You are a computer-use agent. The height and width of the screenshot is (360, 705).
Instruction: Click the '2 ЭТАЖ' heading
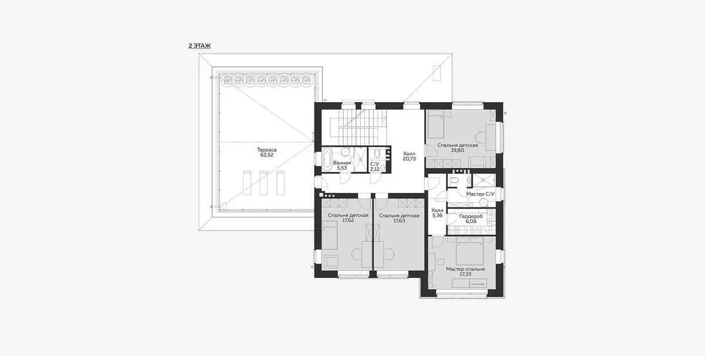[200, 46]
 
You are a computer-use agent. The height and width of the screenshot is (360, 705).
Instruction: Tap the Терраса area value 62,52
[267, 155]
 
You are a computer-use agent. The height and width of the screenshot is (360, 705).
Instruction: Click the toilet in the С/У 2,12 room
[377, 153]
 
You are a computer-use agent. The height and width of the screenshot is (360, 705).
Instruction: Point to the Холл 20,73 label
[409, 156]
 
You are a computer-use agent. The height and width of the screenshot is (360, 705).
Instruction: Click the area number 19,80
[458, 150]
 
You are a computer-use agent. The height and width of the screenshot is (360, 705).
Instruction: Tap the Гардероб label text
[471, 217]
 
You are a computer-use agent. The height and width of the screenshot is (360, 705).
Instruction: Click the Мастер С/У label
[481, 194]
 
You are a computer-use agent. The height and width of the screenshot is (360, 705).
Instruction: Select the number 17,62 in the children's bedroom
[348, 221]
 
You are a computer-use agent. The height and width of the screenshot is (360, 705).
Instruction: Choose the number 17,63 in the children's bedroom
[399, 221]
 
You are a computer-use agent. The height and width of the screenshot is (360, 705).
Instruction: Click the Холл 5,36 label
[438, 213]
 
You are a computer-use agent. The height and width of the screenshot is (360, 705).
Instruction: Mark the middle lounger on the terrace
[263, 183]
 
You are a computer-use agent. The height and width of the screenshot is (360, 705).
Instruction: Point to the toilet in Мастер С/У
[455, 181]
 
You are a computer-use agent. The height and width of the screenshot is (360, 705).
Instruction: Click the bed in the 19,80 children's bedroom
[435, 126]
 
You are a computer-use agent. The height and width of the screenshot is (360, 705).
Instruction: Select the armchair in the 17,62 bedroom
[331, 262]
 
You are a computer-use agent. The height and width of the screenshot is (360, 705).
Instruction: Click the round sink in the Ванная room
[345, 152]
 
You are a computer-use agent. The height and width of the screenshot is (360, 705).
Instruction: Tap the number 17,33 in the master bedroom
[465, 274]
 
